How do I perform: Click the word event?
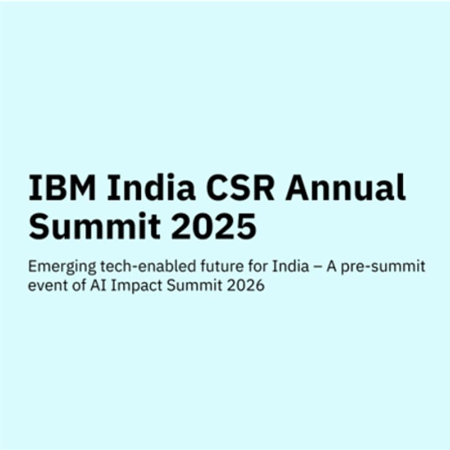44,286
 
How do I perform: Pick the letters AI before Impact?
97,286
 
